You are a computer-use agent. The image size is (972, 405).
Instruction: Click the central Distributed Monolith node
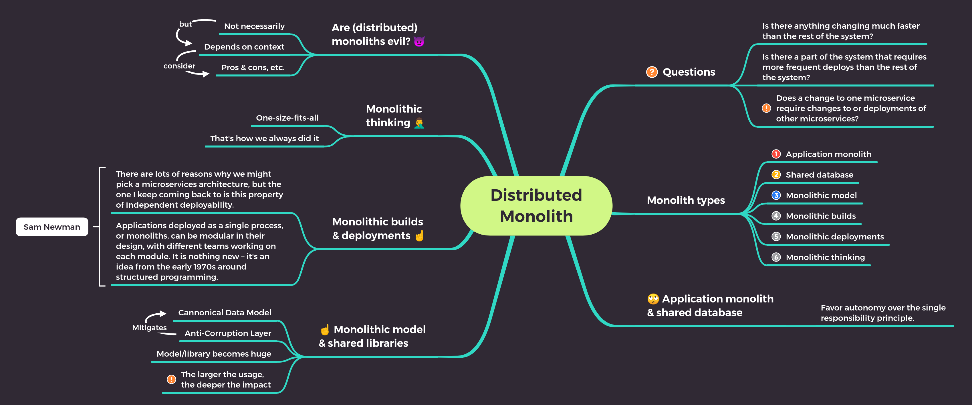[x=536, y=206]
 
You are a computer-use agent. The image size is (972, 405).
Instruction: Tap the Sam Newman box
[x=52, y=227]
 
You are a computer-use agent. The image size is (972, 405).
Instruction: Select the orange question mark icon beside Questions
[x=652, y=72]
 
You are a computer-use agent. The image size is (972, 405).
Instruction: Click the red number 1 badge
[x=776, y=154]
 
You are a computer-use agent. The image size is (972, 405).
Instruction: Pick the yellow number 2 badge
[x=776, y=174]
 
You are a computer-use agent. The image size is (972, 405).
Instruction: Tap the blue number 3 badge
[x=776, y=195]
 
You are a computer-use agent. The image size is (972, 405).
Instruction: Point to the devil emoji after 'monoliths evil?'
[x=419, y=41]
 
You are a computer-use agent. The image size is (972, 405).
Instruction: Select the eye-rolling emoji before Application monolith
[x=653, y=299]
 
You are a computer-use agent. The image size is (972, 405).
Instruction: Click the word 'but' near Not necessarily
[x=185, y=24]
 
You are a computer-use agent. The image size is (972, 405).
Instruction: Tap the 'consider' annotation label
[x=179, y=66]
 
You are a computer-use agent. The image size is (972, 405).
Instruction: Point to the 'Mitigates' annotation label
[x=149, y=328]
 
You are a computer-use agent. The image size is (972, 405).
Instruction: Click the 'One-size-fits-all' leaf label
[x=287, y=118]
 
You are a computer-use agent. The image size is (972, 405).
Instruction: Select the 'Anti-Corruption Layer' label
[x=227, y=333]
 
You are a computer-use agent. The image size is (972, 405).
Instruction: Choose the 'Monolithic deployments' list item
[x=835, y=237]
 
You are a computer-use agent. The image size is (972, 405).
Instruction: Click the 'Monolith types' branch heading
[x=686, y=200]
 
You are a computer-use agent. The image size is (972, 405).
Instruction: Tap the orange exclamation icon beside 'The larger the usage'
[x=171, y=379]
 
